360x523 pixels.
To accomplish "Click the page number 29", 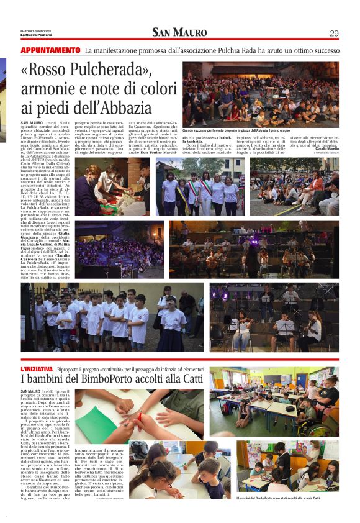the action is pyautogui.click(x=333, y=33).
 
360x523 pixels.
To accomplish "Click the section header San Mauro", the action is pyautogui.click(x=180, y=32).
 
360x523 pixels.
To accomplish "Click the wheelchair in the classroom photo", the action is pyautogui.click(x=325, y=422).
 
